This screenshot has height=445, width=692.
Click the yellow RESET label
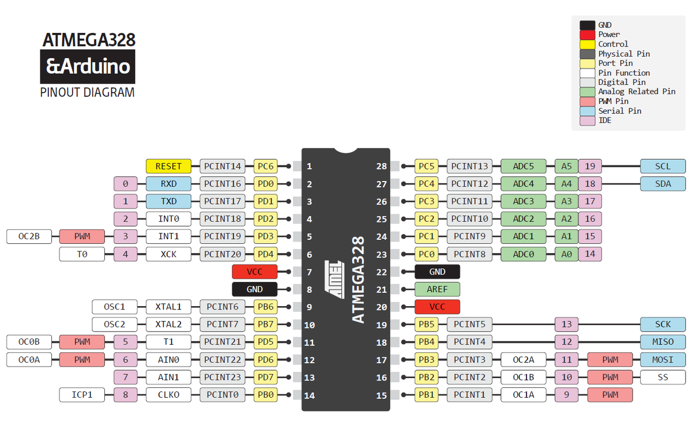[168, 167]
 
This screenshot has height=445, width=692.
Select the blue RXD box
[168, 184]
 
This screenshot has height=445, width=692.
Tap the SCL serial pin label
[663, 167]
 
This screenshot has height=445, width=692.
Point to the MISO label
[663, 342]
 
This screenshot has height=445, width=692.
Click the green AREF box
[437, 289]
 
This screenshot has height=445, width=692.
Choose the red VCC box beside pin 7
[254, 271]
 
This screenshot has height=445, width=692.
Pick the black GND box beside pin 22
[437, 271]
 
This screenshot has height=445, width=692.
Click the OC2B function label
[29, 236]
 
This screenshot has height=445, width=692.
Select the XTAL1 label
[168, 307]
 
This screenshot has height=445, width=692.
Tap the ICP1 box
[82, 395]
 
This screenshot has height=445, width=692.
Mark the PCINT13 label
[469, 167]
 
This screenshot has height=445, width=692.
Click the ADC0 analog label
[523, 254]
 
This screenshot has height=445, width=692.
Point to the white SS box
[663, 378]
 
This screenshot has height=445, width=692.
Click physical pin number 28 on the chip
[381, 167]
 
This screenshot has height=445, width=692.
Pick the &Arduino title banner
[87, 67]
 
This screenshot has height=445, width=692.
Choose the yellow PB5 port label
[426, 325]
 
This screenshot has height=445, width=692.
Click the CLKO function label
[168, 395]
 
